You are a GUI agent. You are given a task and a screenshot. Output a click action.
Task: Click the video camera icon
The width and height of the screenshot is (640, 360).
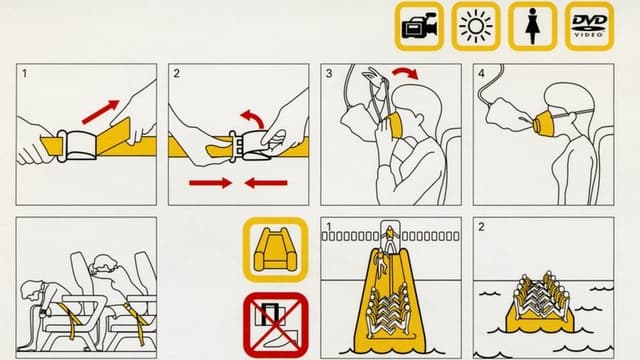419,26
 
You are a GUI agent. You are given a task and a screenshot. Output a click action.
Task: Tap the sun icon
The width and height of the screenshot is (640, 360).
476,26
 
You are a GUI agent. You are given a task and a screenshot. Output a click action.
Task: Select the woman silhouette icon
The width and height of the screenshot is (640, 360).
532,26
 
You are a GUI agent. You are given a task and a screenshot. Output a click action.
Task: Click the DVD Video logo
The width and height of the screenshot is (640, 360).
589,26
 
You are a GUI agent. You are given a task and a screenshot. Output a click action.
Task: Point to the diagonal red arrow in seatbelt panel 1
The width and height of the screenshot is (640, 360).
100,112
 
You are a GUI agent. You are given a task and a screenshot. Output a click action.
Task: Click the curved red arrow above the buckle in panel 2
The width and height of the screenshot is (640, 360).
253,118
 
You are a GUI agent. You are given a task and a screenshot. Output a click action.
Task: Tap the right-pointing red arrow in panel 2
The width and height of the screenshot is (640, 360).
211,183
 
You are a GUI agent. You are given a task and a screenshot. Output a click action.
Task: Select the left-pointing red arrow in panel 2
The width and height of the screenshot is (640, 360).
266,183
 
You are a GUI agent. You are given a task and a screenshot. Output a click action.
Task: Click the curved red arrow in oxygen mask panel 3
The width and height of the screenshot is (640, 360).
405,73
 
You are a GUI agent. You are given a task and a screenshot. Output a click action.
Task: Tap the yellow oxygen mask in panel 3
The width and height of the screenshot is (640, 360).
393,125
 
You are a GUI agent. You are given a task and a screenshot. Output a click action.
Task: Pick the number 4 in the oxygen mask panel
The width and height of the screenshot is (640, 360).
481,73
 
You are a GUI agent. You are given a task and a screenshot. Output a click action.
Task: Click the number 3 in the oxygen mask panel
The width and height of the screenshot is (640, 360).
329,73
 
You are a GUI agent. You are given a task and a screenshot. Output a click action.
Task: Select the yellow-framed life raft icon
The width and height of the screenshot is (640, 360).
276,250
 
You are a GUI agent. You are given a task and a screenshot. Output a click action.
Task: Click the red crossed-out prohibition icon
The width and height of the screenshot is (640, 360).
276,325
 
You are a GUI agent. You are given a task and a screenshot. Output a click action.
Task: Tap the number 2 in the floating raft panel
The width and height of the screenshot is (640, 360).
481,227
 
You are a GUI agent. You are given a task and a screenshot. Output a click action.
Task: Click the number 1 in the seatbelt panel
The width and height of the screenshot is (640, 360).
25,73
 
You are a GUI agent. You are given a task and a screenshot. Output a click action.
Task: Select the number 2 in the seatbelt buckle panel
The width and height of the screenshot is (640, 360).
176,73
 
